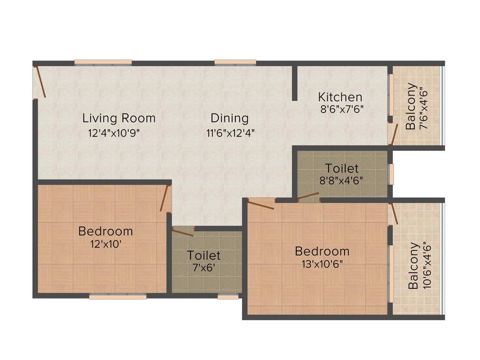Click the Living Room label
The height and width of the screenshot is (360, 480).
tap(119, 118)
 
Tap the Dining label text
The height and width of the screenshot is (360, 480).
tap(229, 118)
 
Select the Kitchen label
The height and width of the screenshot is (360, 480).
tap(340, 97)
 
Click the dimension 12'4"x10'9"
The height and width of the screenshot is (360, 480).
tap(114, 133)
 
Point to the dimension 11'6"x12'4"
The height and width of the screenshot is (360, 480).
tap(230, 133)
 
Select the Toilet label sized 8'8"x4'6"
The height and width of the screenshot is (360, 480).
tap(342, 168)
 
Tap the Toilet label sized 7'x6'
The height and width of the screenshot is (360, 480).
tap(203, 255)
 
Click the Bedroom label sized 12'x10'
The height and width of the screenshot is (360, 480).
tap(105, 231)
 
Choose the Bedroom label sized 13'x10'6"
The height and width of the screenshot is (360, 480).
tap(322, 251)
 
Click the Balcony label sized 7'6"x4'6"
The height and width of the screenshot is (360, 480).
tap(411, 106)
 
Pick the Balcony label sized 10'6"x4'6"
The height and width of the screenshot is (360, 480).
tap(413, 265)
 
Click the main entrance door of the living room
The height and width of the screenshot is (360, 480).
tap(40, 82)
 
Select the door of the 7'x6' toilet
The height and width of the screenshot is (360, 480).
tap(182, 232)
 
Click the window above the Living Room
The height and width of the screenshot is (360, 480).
tap(103, 62)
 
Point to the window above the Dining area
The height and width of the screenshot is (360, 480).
tap(235, 62)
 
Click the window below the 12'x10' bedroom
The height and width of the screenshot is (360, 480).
tap(118, 296)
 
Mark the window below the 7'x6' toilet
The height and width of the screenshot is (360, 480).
tap(228, 296)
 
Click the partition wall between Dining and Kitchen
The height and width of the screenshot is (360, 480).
tap(294, 83)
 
